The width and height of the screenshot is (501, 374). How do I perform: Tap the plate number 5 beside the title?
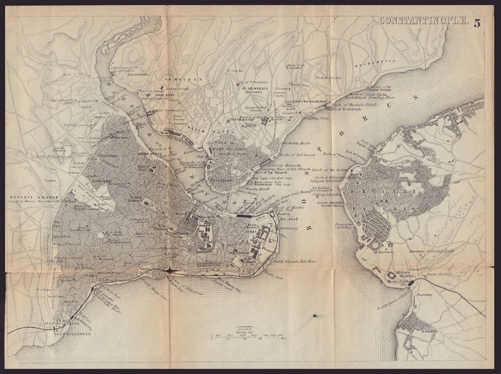477,21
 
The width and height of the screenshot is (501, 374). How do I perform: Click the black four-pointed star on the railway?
170,271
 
